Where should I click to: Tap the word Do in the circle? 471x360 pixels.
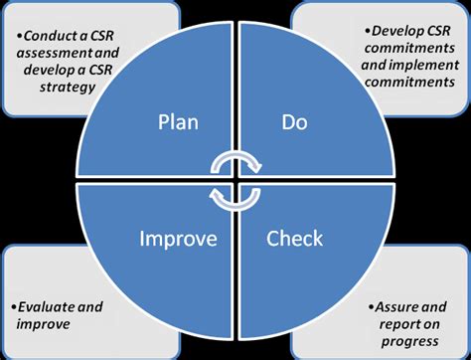(296, 123)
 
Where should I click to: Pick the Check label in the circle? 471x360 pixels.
(296, 241)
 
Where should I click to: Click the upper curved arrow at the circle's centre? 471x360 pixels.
(235, 162)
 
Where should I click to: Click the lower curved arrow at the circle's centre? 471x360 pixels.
(235, 197)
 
